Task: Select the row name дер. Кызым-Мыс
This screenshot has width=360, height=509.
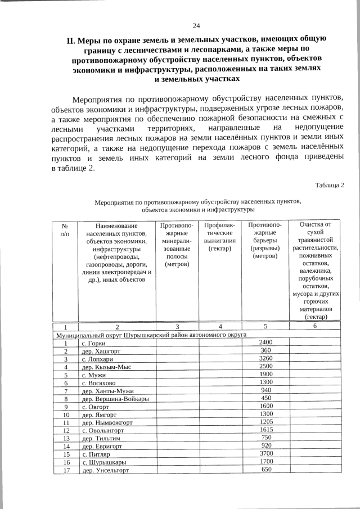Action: coord(108,367)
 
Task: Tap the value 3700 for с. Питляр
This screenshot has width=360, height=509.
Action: coord(266,453)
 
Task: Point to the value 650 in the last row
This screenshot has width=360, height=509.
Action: coord(266,470)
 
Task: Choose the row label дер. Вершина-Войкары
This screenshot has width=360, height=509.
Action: coord(115,399)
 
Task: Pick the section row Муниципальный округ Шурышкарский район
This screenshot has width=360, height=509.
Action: coord(150,335)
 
